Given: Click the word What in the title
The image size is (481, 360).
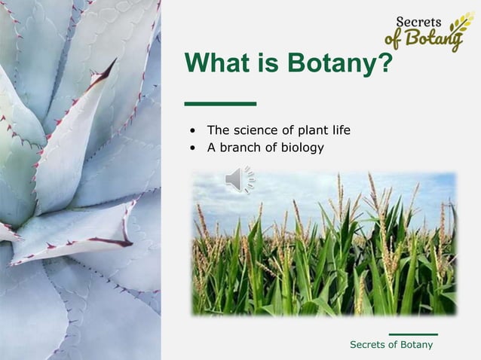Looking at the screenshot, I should [219, 64].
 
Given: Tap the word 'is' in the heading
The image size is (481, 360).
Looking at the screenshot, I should [268, 64].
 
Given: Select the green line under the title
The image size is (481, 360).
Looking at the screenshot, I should [220, 103].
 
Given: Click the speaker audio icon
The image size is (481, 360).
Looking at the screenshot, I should [239, 179].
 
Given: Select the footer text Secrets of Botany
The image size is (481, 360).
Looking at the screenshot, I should [391, 344].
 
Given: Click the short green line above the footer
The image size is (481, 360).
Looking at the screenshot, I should [413, 334].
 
